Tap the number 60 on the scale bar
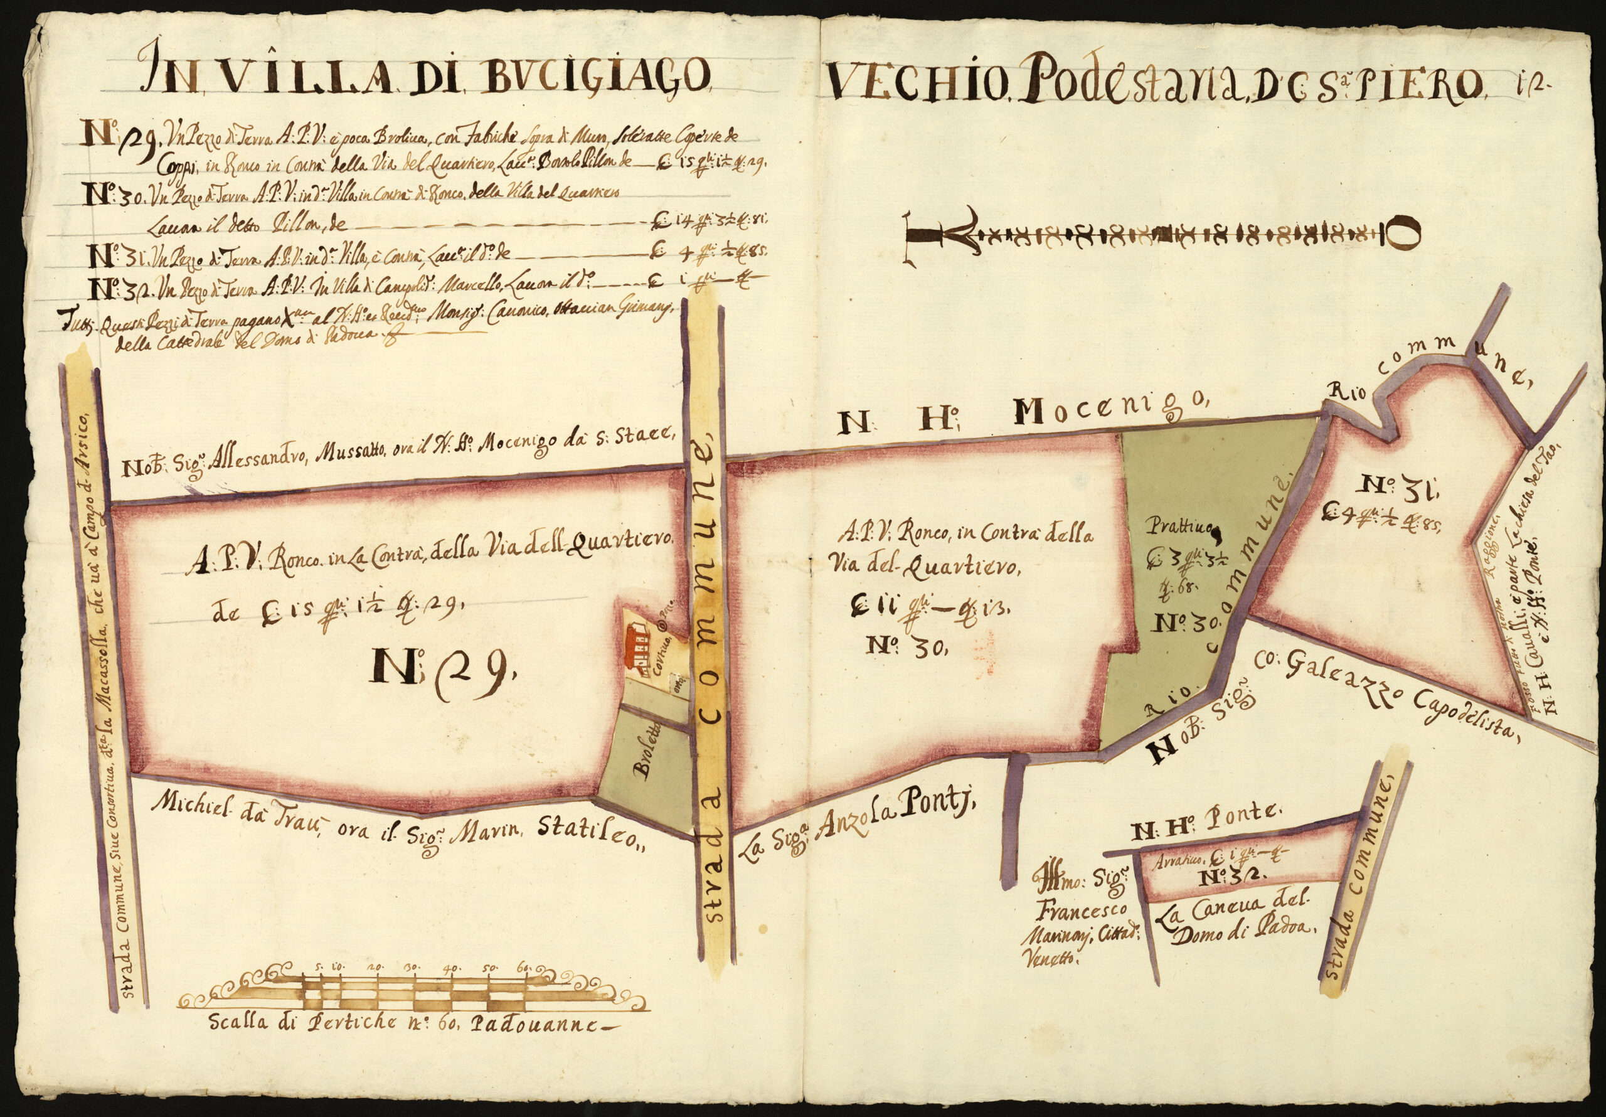[523, 966]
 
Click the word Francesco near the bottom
[1081, 909]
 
